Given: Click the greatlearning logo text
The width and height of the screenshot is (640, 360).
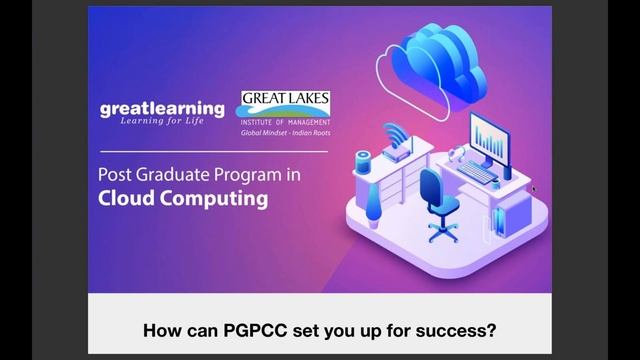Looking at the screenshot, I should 162,108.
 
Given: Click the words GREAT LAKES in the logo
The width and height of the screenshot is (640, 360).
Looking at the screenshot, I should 285,100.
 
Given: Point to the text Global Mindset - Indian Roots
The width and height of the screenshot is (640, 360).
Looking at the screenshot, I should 285,132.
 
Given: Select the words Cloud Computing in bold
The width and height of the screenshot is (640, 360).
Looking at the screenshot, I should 182,198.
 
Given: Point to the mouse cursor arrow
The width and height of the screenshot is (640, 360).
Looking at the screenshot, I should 534,187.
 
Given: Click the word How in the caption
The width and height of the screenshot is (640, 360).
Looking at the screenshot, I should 163,329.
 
